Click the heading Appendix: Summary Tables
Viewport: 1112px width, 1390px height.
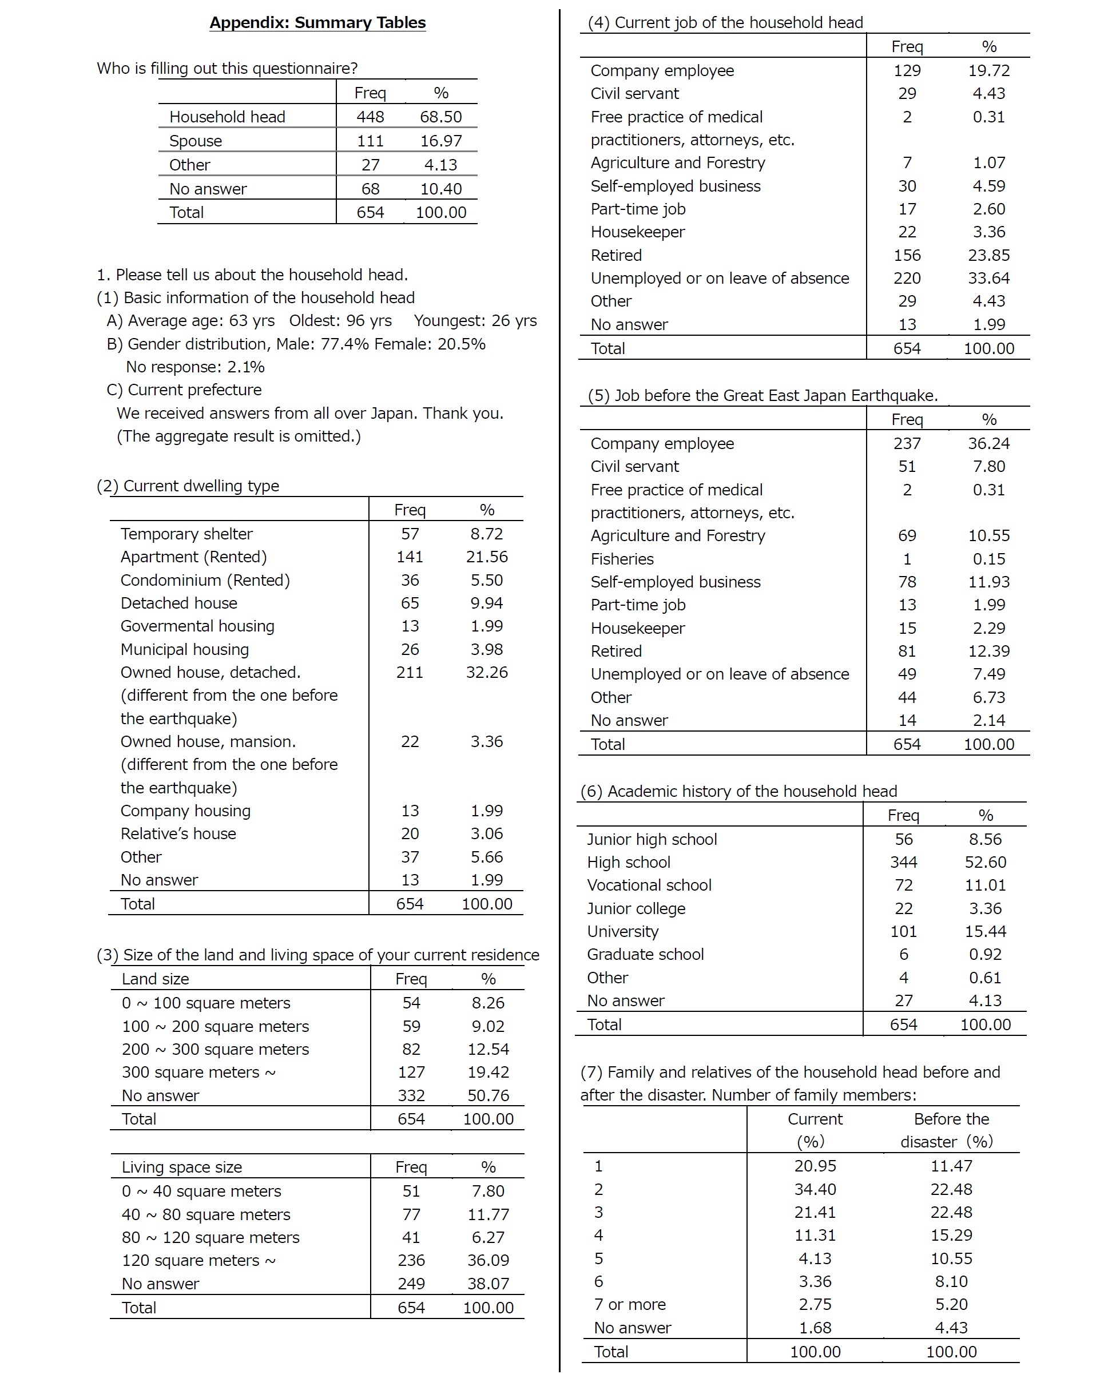(317, 22)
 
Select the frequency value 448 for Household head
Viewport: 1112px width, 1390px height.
(370, 117)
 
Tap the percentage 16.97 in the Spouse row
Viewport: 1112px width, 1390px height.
(441, 141)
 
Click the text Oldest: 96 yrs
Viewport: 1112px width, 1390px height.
(340, 320)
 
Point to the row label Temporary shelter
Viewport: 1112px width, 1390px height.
(186, 534)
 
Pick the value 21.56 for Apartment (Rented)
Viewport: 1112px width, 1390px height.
(487, 557)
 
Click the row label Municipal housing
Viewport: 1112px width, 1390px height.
(184, 649)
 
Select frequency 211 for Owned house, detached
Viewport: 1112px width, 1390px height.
(410, 673)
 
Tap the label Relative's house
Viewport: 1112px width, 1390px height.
(178, 833)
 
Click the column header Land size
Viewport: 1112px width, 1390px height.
(156, 979)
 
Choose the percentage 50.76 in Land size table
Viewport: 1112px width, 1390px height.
(488, 1095)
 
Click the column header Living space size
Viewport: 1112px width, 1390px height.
(182, 1167)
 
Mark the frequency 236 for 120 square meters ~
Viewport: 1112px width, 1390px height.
(411, 1260)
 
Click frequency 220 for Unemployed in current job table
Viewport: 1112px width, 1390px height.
(907, 278)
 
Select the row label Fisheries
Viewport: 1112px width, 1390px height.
(622, 559)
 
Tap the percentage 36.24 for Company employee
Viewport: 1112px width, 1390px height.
(988, 443)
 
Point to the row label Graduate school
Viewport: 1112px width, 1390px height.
(645, 954)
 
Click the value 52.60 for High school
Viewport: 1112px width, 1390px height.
(985, 862)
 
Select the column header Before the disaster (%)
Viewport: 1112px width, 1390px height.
(951, 1130)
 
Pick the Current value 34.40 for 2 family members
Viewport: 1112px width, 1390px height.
(815, 1189)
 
